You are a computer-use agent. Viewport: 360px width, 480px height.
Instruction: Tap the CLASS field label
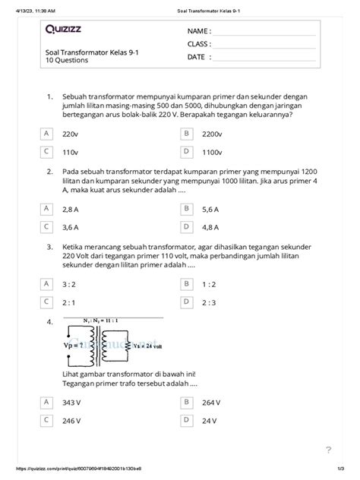click(198, 44)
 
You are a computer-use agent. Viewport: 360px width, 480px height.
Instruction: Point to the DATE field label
click(196, 56)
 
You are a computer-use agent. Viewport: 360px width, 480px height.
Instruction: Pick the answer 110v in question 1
click(71, 152)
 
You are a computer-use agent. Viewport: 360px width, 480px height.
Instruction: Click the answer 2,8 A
click(71, 209)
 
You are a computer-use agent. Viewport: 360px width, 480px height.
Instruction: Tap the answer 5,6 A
click(211, 209)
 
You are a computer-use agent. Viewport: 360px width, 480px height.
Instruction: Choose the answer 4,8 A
click(211, 227)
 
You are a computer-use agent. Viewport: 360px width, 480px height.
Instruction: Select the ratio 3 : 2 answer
click(69, 284)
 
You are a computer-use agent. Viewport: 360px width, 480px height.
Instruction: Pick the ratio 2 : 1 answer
click(69, 302)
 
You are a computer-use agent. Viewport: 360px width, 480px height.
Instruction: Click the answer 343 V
click(71, 402)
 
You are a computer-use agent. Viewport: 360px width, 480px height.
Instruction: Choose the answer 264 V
click(212, 402)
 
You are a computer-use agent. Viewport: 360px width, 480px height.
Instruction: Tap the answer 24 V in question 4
click(210, 420)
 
